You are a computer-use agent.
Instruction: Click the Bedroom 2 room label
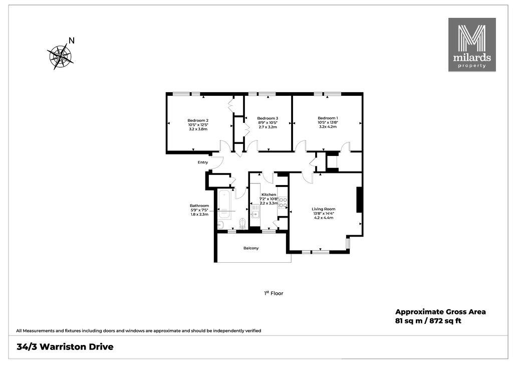pos(198,120)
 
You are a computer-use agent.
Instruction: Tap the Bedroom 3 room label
pos(268,118)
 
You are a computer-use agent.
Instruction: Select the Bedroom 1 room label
pos(328,118)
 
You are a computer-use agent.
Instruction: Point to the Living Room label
pos(323,209)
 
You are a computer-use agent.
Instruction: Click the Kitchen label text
pos(269,195)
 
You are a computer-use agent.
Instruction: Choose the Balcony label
pos(251,248)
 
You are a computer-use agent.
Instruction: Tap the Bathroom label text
pos(199,206)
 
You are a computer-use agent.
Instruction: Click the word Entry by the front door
pos(203,162)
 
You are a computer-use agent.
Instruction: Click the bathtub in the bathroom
pos(224,204)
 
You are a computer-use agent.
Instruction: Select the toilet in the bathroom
pos(242,223)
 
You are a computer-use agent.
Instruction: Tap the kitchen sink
pos(255,215)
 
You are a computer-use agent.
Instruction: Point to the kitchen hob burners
pos(283,203)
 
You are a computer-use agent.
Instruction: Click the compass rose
pos(60,56)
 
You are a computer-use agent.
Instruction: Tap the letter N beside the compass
pos(72,41)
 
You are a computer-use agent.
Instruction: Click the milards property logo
pos(472,45)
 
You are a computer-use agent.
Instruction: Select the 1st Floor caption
pos(274,293)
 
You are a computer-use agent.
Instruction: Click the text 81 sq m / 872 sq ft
pos(428,321)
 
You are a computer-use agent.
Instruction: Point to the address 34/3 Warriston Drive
pos(65,346)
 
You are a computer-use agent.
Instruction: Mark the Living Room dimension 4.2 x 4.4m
pos(323,218)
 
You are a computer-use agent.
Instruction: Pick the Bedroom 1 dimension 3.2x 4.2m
pos(328,127)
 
